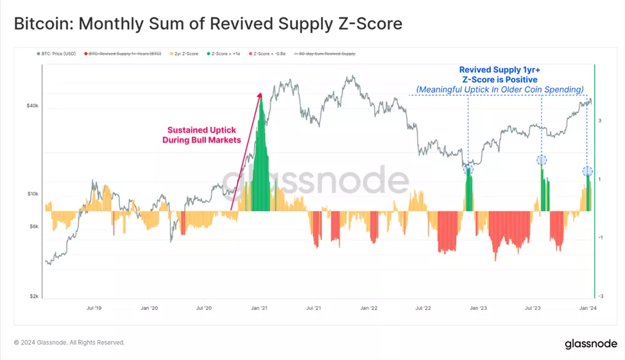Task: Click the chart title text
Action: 208,24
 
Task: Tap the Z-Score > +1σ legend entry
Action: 225,54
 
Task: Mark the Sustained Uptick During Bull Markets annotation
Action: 201,134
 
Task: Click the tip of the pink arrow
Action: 261,94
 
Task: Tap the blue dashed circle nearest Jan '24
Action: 587,171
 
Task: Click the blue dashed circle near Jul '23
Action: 542,160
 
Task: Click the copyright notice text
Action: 69,343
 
